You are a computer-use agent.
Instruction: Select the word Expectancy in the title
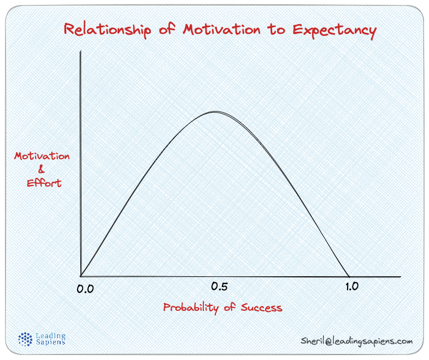click(x=334, y=30)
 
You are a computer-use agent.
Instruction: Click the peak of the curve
click(x=214, y=112)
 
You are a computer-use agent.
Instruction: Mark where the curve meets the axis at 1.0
click(x=349, y=276)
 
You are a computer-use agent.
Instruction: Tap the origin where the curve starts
click(x=81, y=276)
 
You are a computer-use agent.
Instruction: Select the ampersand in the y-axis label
click(x=42, y=170)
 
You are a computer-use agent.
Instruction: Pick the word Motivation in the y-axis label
click(x=42, y=156)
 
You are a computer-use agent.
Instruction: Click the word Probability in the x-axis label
click(x=191, y=307)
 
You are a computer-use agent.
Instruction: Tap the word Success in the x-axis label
click(x=260, y=307)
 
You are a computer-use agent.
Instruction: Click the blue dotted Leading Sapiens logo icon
click(x=26, y=339)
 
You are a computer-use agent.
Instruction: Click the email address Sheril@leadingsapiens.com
click(x=356, y=341)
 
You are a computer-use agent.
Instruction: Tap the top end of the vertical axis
click(x=80, y=51)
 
